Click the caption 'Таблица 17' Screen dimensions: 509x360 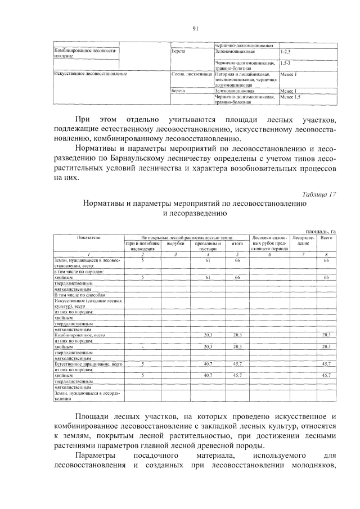318,194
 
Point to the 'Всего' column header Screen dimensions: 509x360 326,238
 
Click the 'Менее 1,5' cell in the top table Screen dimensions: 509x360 291,97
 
